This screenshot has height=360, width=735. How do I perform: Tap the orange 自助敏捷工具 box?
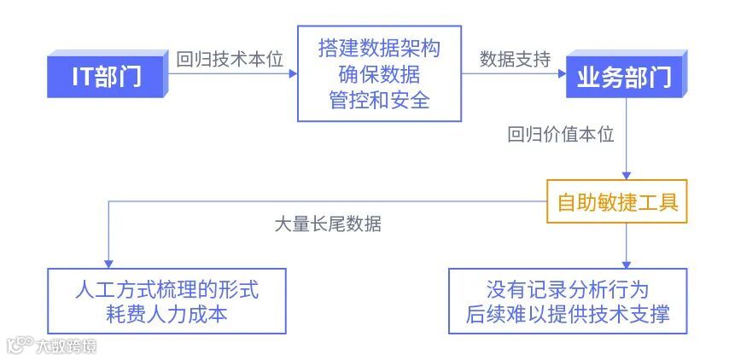point(616,203)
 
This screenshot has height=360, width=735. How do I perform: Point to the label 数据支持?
point(515,60)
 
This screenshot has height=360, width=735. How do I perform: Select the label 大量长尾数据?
point(328,225)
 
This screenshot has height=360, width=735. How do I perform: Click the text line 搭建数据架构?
point(379,48)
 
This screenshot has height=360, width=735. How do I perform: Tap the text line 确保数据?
point(379,74)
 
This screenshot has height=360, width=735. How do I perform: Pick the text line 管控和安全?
point(379,101)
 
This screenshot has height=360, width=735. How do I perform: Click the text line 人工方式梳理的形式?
point(166,288)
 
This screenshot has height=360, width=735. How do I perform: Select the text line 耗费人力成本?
point(166,313)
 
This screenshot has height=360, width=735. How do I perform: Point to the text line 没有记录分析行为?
point(568,288)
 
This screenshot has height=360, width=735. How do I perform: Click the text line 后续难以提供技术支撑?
point(568,313)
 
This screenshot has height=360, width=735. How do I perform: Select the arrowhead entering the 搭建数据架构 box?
point(293,74)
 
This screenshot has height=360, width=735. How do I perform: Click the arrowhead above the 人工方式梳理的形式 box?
point(107,262)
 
